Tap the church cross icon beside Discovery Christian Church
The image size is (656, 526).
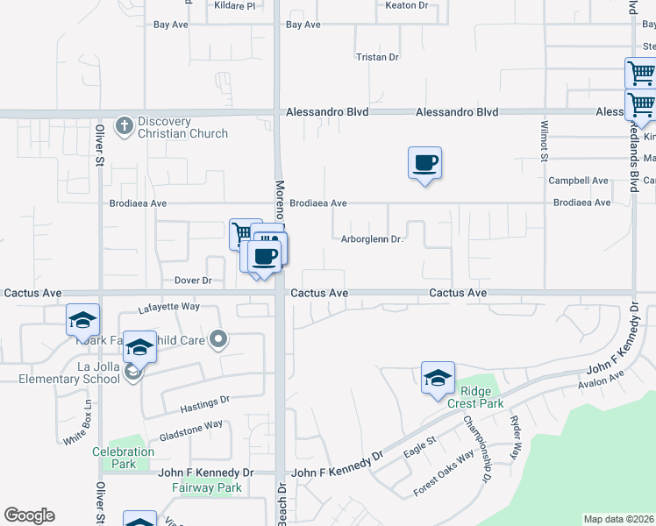[125, 125]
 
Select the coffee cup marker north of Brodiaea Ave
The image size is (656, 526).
[424, 163]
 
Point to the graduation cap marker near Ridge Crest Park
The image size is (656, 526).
[438, 378]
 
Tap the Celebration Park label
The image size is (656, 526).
[124, 458]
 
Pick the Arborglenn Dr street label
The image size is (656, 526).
[371, 238]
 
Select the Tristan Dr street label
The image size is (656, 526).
[377, 57]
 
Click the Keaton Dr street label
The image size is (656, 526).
[406, 5]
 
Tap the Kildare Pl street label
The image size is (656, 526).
[234, 5]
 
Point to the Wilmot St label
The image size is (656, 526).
[544, 141]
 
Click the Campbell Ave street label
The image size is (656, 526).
[578, 181]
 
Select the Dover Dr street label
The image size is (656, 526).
[193, 281]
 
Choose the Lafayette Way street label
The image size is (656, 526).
[169, 309]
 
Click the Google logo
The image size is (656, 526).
[29, 515]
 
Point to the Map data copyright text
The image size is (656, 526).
[618, 519]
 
